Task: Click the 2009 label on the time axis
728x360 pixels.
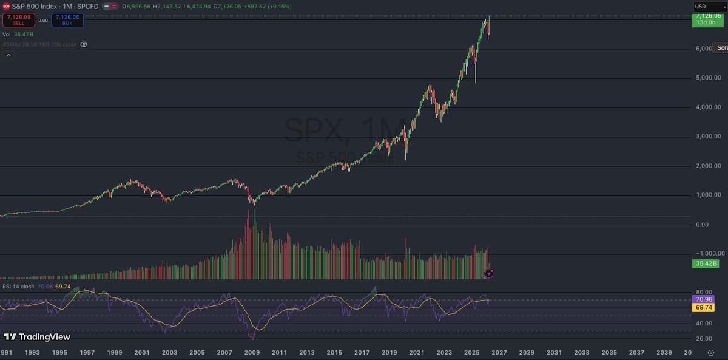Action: pyautogui.click(x=252, y=352)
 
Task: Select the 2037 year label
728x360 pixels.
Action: pyautogui.click(x=637, y=352)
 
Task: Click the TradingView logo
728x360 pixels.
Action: pyautogui.click(x=37, y=336)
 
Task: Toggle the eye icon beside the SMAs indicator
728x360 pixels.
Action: pyautogui.click(x=84, y=44)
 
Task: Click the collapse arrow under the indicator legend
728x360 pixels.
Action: pyautogui.click(x=8, y=55)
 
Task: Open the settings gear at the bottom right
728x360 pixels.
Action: pyautogui.click(x=711, y=352)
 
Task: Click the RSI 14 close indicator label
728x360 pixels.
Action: pyautogui.click(x=18, y=287)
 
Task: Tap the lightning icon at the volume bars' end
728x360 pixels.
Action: pyautogui.click(x=489, y=274)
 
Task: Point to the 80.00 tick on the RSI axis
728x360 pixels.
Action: pyautogui.click(x=704, y=292)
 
